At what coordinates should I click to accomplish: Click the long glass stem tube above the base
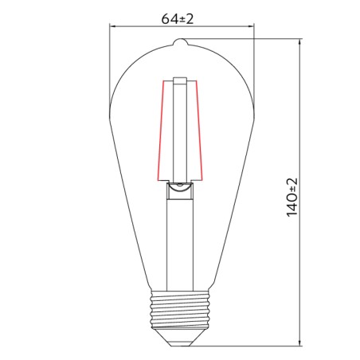(x=182, y=239)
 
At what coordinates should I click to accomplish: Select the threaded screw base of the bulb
(x=182, y=311)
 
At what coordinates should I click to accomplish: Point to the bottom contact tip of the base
(x=182, y=341)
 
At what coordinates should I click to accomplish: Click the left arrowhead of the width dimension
(x=112, y=25)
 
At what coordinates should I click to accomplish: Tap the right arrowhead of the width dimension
(x=249, y=25)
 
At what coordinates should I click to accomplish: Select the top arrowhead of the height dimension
(x=301, y=45)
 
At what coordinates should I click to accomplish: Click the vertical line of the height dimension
(x=301, y=263)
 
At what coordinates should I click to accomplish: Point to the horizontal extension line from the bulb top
(x=247, y=41)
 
